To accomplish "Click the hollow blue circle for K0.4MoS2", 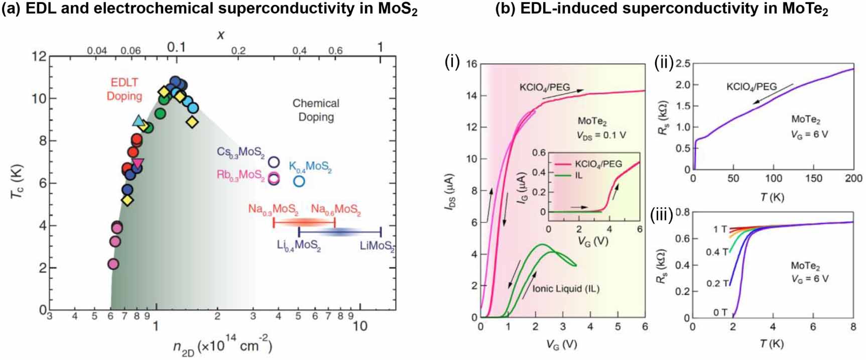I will [x=299, y=181].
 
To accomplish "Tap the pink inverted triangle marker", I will [x=138, y=163].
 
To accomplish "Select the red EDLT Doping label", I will [x=124, y=89].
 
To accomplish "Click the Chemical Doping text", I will [x=316, y=110].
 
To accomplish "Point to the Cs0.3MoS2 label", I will [x=240, y=152].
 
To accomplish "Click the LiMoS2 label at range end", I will [x=377, y=246].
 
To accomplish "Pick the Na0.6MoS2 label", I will [x=335, y=209].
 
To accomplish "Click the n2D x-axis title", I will [x=222, y=346].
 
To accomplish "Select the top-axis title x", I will [x=220, y=35].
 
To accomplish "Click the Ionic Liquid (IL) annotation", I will [x=565, y=289].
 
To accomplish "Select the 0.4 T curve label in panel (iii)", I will [x=716, y=252].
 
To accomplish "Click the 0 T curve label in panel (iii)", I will [x=720, y=312].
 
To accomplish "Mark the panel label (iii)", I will [x=662, y=215].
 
